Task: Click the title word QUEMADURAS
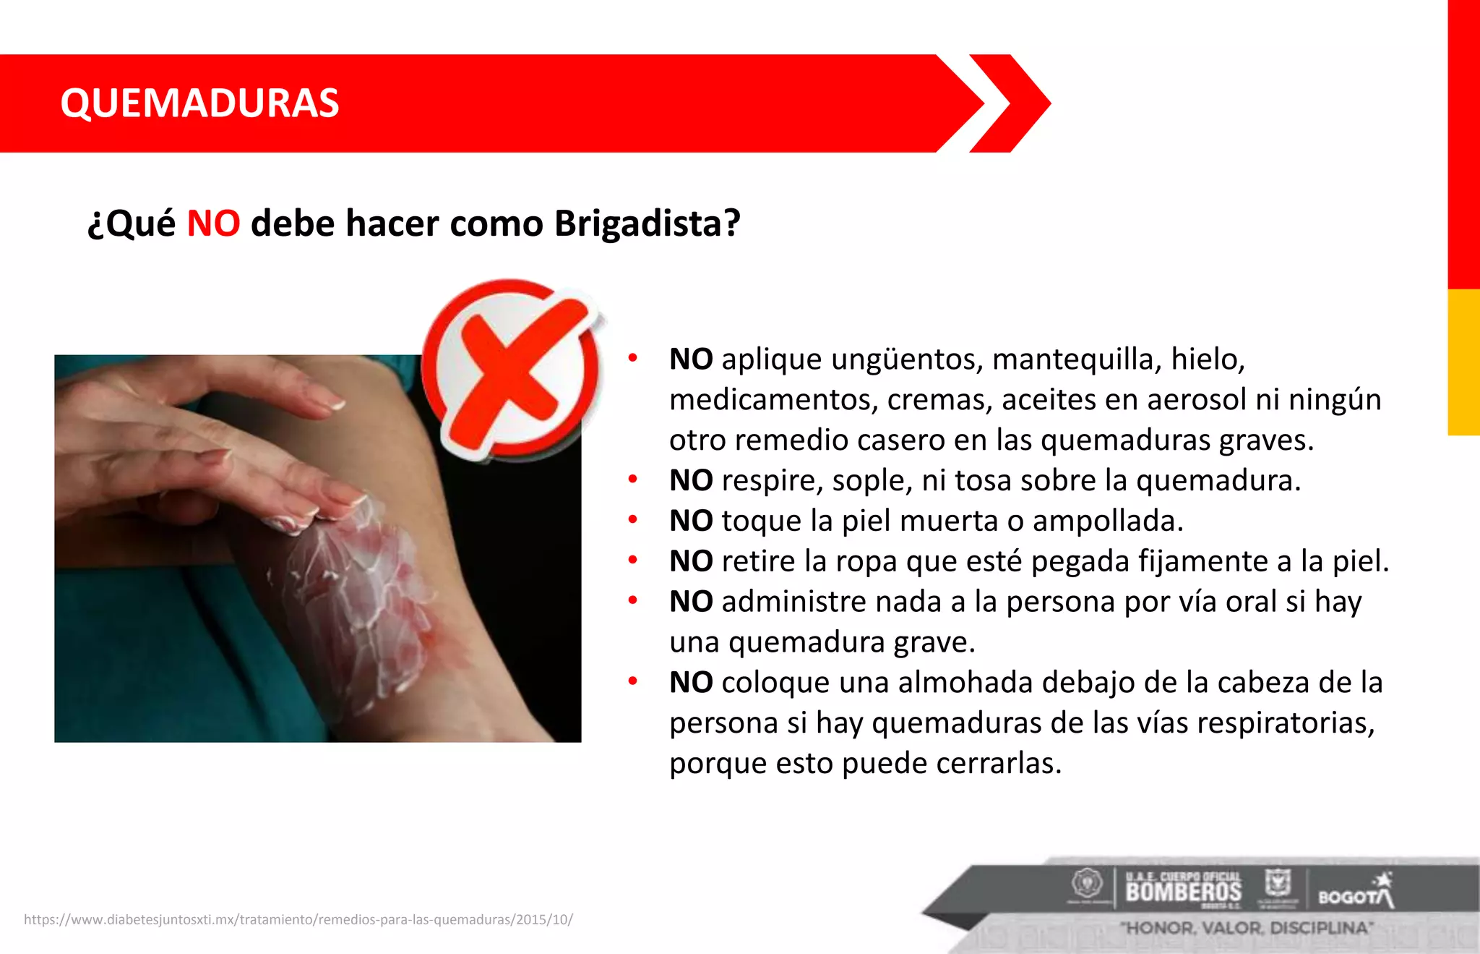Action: (199, 103)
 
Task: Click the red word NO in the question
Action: (213, 223)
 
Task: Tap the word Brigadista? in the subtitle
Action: (647, 223)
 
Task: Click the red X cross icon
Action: (512, 370)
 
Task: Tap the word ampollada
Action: (1107, 521)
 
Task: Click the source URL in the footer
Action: (298, 919)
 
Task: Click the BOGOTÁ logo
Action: (1355, 895)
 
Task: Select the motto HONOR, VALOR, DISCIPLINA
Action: (1247, 928)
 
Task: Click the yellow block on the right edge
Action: (1463, 362)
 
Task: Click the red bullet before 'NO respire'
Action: (632, 479)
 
